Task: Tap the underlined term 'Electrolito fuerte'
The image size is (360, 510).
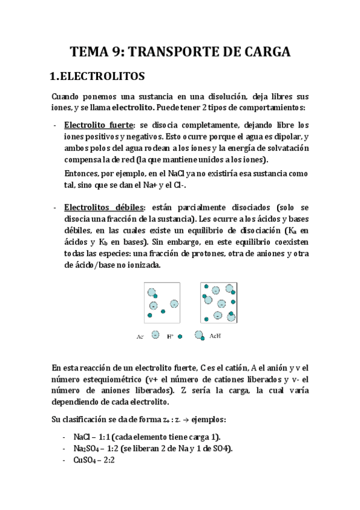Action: click(97, 125)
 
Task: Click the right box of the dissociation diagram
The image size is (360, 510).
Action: click(220, 303)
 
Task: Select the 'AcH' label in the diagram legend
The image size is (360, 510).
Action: click(215, 336)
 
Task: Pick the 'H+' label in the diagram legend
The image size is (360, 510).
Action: click(169, 337)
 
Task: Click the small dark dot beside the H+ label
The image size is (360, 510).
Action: click(179, 337)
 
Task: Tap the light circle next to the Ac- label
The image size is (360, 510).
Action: click(156, 336)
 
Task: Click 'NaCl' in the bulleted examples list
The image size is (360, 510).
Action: click(82, 437)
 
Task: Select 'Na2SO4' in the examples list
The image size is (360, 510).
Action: click(87, 449)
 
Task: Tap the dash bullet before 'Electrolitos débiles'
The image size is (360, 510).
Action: click(55, 206)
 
